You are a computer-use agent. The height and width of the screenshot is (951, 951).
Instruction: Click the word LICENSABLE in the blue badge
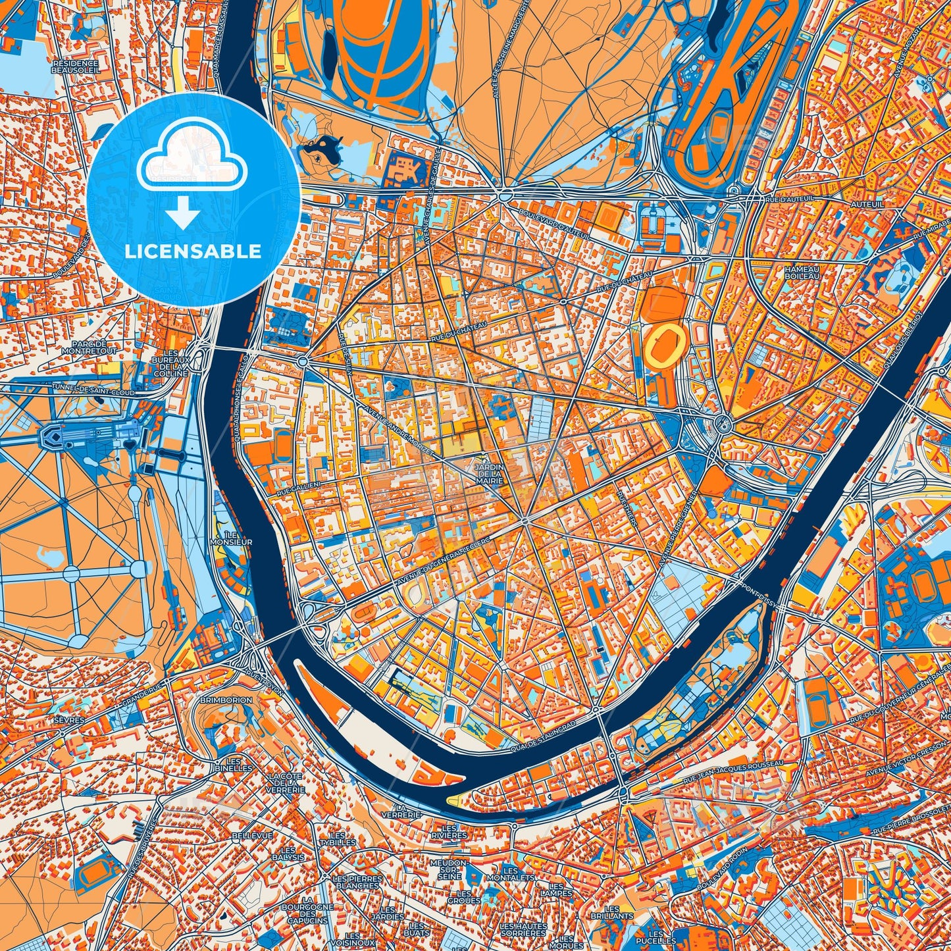point(193,251)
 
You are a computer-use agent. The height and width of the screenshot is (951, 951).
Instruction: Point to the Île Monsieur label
point(231,538)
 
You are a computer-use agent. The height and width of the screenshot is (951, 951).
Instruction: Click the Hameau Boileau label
point(802,272)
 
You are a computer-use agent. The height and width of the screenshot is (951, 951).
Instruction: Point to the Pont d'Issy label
point(758,591)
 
